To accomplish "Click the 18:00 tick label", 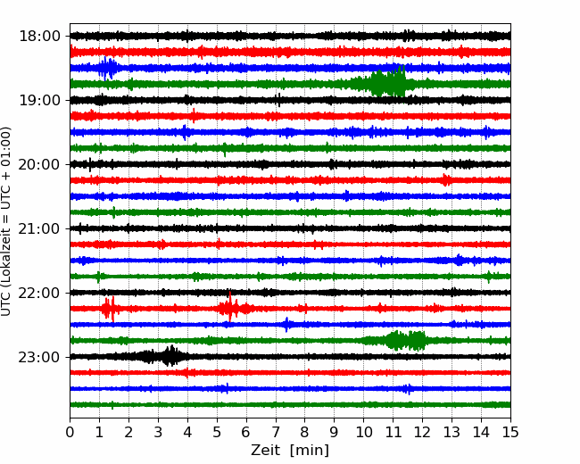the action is point(39,37).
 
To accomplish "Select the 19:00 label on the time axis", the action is point(39,100).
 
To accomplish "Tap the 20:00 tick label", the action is point(39,164).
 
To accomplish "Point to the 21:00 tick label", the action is point(39,228).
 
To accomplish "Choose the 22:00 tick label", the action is point(39,293).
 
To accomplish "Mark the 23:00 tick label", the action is point(39,357).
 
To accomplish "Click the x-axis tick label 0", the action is point(70,432).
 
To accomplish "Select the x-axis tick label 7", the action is point(276,432).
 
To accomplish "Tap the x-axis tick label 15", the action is point(510,432).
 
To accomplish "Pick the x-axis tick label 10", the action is point(363,432).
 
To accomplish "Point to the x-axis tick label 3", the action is point(158,432).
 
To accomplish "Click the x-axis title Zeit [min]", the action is point(290,450).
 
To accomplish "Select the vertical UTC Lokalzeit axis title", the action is point(6,221).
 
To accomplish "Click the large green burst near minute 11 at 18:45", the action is point(385,82).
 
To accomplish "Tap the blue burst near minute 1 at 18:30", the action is point(107,68).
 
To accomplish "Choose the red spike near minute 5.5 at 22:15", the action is point(230,307).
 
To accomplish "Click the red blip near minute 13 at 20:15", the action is point(446,180).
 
